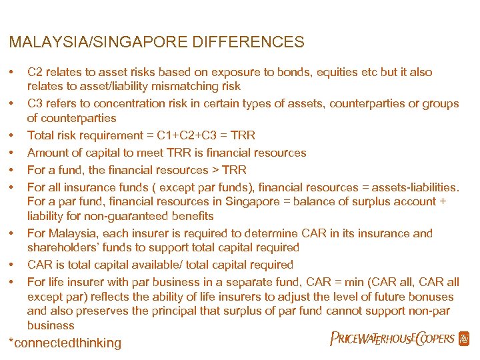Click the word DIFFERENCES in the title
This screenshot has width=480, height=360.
coord(247,43)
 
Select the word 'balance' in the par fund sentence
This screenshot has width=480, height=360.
coord(320,201)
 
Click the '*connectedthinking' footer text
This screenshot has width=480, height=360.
coord(65,343)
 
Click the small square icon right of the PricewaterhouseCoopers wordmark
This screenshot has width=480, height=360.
coord(465,339)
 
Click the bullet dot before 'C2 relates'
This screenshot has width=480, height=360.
coord(12,72)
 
